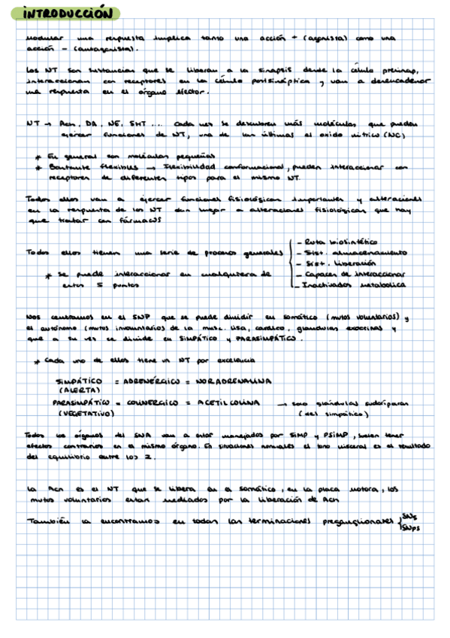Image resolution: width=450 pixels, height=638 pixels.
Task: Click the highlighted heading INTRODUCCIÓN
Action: click(x=68, y=14)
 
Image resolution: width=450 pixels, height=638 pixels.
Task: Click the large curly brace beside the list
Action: click(x=290, y=264)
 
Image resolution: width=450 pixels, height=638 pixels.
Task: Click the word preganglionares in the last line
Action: click(x=356, y=519)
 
